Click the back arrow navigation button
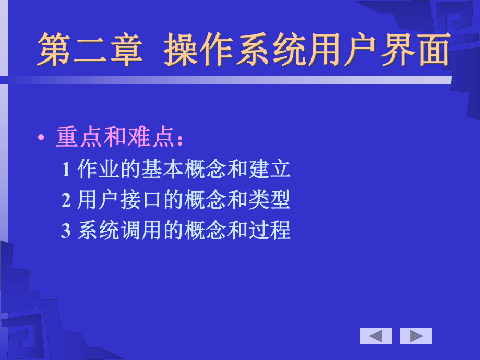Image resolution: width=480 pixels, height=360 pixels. (376, 336)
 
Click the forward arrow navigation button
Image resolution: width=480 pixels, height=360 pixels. (416, 336)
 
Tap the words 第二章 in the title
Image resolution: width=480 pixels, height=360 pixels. (89, 51)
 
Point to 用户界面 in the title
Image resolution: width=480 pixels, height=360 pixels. (379, 51)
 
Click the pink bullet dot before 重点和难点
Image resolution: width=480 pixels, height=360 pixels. (41, 138)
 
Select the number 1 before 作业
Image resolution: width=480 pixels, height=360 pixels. (66, 170)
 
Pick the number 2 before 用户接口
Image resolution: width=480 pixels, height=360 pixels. (66, 200)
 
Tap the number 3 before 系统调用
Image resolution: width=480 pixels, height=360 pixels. (66, 231)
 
